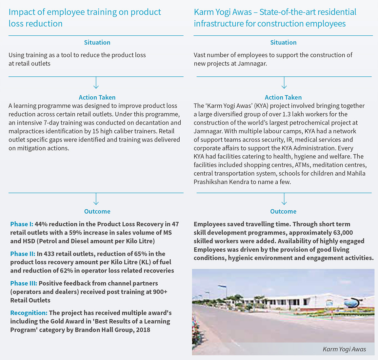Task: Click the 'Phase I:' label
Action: tap(22, 224)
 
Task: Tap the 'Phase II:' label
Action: tap(23, 254)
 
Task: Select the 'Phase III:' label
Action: tap(24, 283)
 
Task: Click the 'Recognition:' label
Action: tap(29, 313)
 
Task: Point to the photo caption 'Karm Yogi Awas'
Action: tap(344, 349)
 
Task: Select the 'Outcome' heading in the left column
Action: tap(97, 211)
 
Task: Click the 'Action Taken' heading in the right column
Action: tap(283, 97)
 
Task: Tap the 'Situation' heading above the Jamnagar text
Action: tap(283, 42)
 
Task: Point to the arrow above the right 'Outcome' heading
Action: tap(284, 199)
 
